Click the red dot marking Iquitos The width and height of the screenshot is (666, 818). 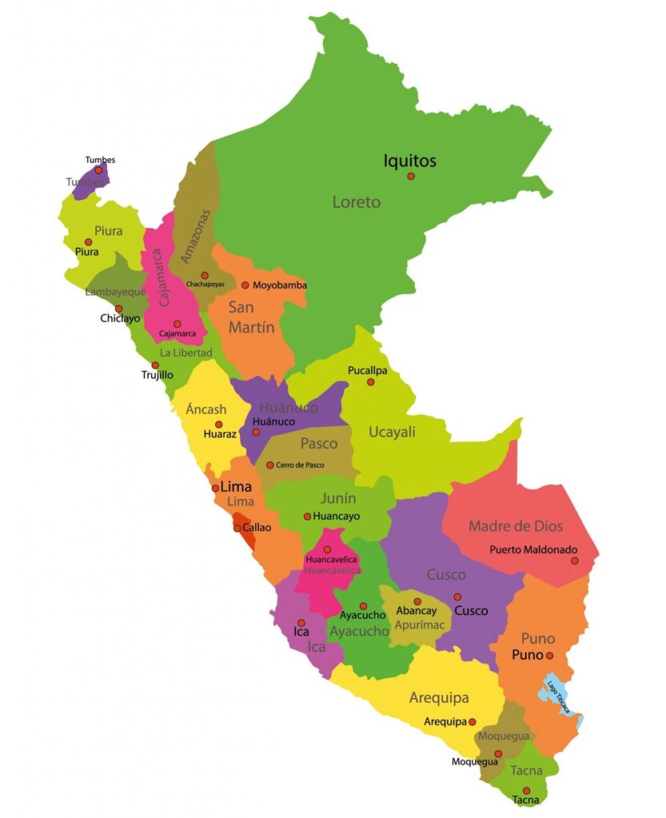(x=411, y=176)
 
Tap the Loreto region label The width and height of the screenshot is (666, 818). (x=357, y=202)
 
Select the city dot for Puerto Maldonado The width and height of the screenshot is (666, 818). (x=574, y=561)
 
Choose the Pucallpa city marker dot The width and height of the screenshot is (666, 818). (x=370, y=382)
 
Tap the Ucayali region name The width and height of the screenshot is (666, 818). (x=392, y=432)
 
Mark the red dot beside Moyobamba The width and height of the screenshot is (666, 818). (x=245, y=285)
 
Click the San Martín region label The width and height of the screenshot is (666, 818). (x=251, y=317)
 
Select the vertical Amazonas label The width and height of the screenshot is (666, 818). (x=197, y=236)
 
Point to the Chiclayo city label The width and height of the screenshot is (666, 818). (x=120, y=318)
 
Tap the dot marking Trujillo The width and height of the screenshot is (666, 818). (x=155, y=365)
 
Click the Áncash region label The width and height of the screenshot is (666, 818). (x=206, y=410)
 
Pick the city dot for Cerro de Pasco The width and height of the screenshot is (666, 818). (x=270, y=465)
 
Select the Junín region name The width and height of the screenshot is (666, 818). (x=338, y=498)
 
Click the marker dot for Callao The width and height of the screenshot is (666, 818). (x=237, y=528)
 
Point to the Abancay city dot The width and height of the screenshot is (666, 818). (x=417, y=602)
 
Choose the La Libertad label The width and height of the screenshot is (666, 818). (x=185, y=352)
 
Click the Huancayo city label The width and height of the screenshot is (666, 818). (x=337, y=517)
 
